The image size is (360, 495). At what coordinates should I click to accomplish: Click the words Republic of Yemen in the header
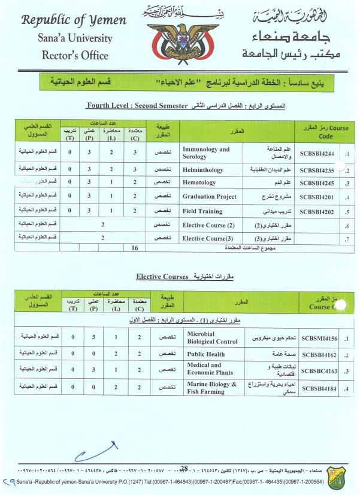pos(74,20)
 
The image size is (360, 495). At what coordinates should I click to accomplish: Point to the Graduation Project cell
pos(209,197)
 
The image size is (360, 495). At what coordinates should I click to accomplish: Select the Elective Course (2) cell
pos(210,225)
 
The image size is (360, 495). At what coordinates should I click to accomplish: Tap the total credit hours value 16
pos(134,247)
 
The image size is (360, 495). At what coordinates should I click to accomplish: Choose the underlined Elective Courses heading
pos(161,277)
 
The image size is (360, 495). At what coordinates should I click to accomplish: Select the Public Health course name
pos(205,354)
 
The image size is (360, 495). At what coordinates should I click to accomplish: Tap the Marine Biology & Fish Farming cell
pos(211,388)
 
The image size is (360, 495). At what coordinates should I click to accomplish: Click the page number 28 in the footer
pos(184,469)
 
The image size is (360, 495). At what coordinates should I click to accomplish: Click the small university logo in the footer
pos(342,478)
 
